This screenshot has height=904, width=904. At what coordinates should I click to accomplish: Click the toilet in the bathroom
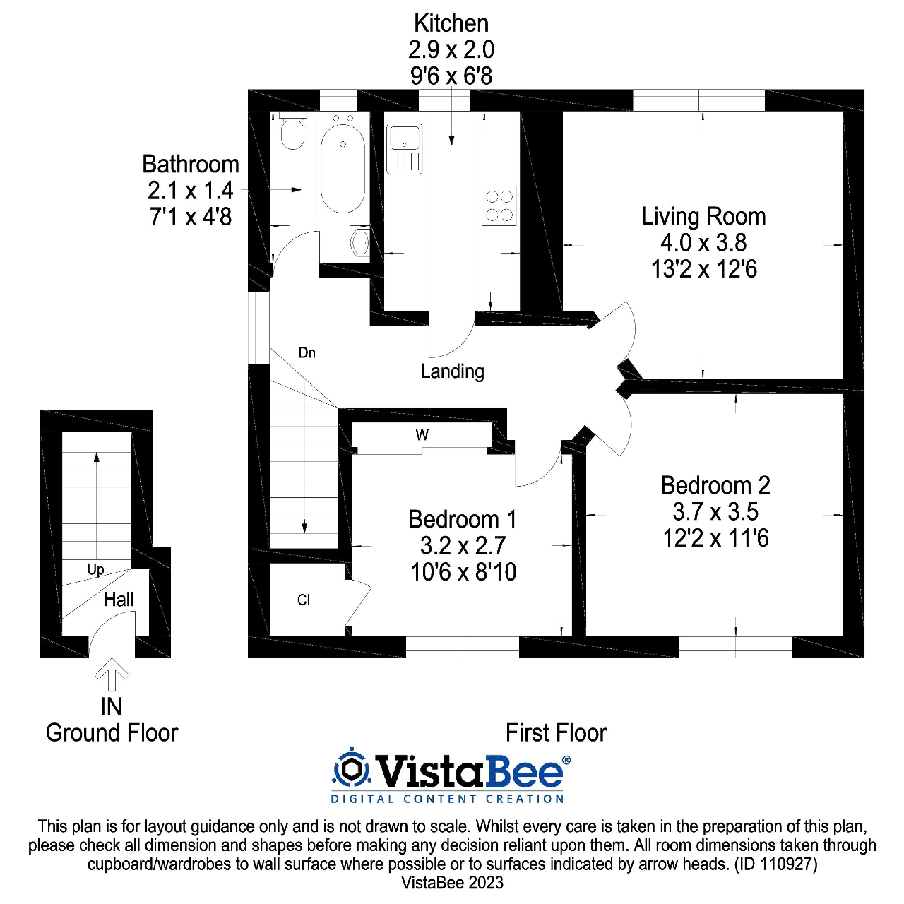(x=292, y=132)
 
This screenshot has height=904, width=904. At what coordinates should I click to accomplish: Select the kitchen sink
(x=405, y=148)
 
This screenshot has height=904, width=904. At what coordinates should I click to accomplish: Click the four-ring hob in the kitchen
(x=499, y=206)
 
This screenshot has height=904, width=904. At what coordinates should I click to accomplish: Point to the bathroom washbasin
(x=360, y=242)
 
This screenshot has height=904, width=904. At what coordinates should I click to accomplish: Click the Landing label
(x=452, y=371)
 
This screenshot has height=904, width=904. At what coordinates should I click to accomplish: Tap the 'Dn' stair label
(x=307, y=352)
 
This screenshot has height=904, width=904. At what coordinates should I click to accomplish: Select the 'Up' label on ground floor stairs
(x=95, y=569)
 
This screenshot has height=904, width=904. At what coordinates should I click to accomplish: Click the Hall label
(x=119, y=600)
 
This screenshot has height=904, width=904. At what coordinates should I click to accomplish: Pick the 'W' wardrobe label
(x=422, y=435)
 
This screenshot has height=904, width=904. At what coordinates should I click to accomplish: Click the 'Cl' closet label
(x=304, y=600)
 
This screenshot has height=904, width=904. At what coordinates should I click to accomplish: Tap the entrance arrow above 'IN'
(x=112, y=674)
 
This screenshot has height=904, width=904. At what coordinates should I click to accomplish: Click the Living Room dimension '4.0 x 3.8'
(x=703, y=243)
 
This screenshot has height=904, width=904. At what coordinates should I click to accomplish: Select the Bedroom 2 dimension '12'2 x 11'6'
(x=715, y=539)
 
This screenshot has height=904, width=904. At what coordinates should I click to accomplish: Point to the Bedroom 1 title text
(x=463, y=520)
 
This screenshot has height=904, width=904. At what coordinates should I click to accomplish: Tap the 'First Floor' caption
(x=556, y=733)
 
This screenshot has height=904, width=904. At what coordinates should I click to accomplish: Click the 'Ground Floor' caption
(x=112, y=733)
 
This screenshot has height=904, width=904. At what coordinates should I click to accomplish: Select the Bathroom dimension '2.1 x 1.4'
(x=190, y=191)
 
